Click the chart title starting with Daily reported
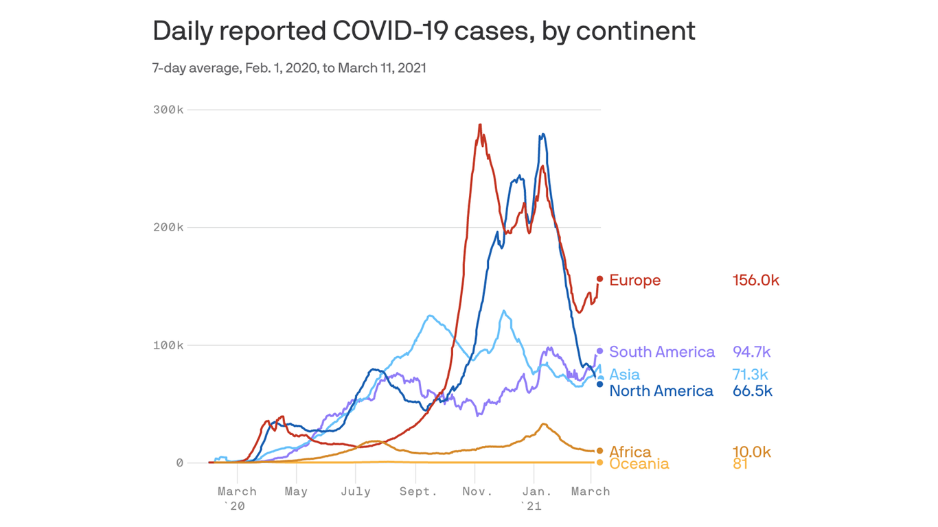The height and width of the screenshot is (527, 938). [x=424, y=31]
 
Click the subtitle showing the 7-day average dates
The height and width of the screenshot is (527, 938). [x=289, y=68]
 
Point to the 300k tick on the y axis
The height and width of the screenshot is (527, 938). [x=168, y=110]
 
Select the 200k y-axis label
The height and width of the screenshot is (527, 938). [x=168, y=227]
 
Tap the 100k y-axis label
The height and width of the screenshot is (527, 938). [x=168, y=345]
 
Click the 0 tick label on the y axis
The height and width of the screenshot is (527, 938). [x=179, y=463]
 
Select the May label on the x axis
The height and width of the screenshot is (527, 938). [x=296, y=491]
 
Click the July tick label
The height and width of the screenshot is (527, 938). [x=356, y=491]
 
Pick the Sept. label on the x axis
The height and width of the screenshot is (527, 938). [x=418, y=491]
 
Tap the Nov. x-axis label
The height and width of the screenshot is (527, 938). [x=477, y=491]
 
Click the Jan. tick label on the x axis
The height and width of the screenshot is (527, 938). [x=537, y=491]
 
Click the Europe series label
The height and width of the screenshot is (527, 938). [x=634, y=280]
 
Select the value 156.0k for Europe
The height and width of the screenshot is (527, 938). [x=755, y=280]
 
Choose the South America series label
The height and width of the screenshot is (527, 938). [x=662, y=352]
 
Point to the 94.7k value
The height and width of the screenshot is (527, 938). [x=751, y=352]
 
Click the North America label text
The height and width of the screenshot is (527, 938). [x=661, y=391]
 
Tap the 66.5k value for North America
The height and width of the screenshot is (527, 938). [x=752, y=391]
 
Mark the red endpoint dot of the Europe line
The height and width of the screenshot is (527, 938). [x=599, y=279]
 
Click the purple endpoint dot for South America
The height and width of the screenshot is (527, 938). [x=599, y=351]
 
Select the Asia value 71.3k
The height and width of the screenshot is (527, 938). [x=750, y=375]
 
